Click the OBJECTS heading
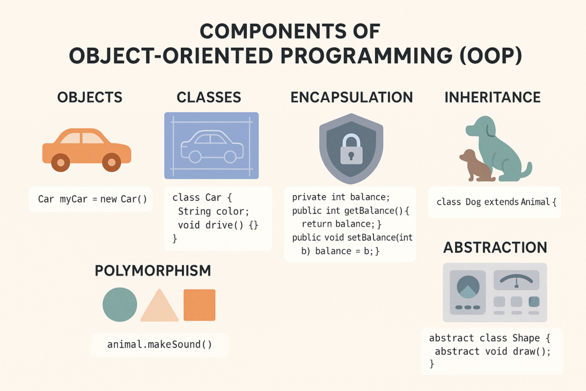[x=90, y=97]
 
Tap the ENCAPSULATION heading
[x=352, y=97]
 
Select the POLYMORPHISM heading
[x=153, y=271]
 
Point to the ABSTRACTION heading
[x=495, y=248]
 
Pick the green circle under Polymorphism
[x=119, y=304]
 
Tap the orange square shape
[x=200, y=305]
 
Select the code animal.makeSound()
[x=159, y=344]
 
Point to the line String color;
[x=213, y=212]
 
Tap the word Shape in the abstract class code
[x=526, y=338]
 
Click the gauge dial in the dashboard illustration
[x=517, y=280]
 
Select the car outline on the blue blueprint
[x=212, y=146]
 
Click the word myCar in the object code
[x=73, y=199]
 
